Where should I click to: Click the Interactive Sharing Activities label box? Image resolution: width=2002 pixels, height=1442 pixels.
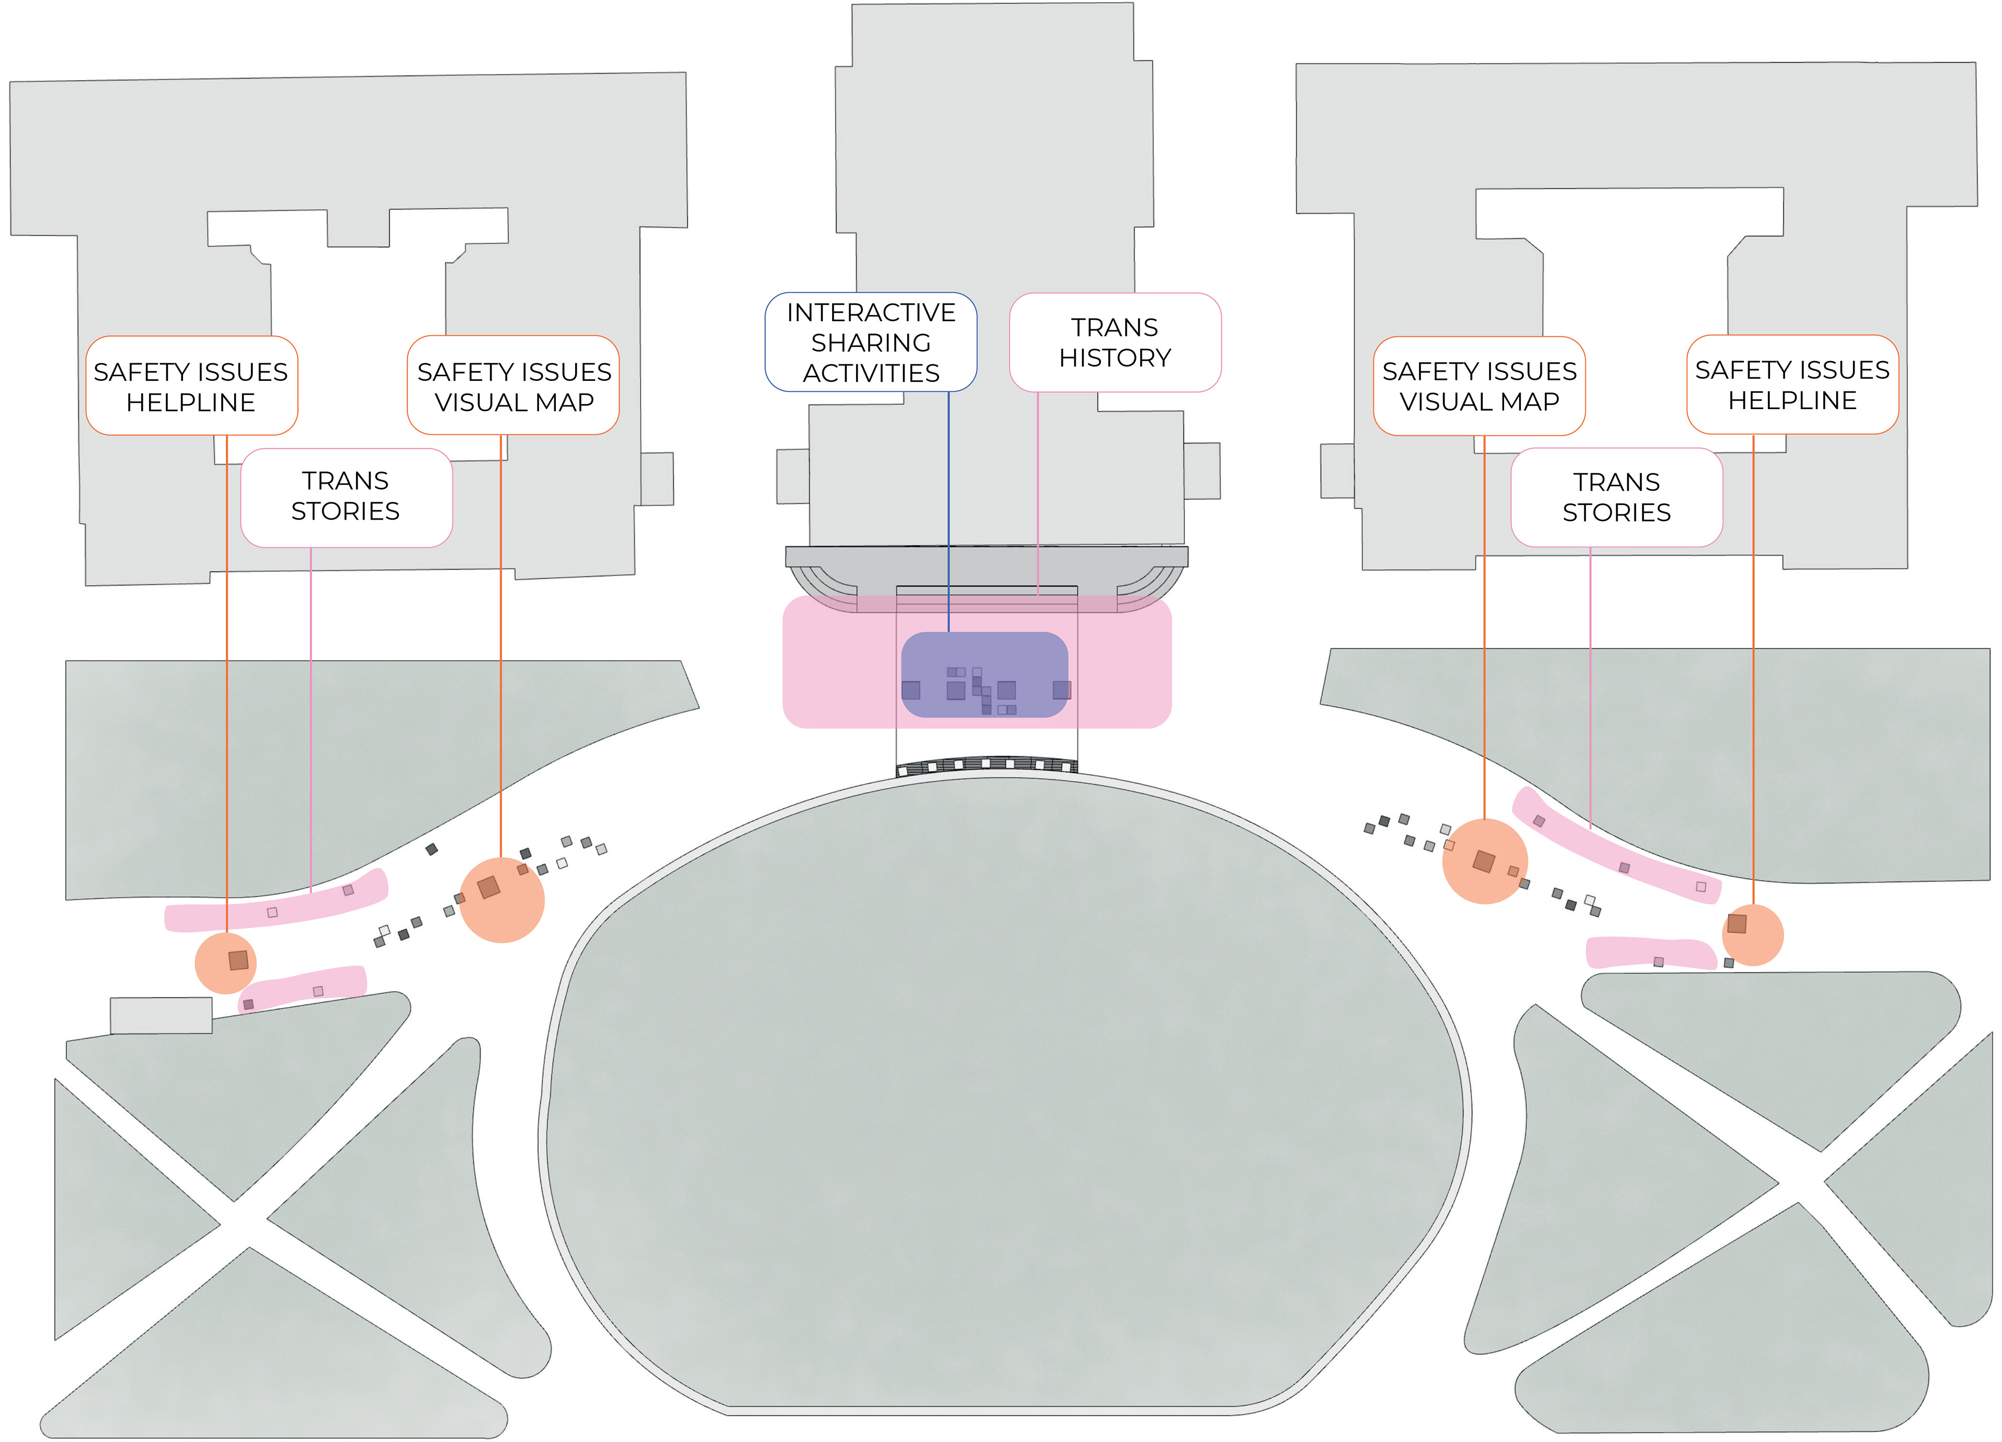870,342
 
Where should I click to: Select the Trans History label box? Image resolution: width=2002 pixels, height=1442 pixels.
1115,342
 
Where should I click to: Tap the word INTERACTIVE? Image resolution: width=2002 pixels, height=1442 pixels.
870,312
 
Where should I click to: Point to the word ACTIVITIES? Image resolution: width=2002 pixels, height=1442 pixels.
870,373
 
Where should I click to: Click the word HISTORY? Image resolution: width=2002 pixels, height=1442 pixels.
1115,358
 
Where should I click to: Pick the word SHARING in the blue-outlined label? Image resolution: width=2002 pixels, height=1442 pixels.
870,342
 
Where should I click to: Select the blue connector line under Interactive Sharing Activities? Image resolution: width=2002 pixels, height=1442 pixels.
949,512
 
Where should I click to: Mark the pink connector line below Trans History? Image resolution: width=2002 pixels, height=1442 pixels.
1038,494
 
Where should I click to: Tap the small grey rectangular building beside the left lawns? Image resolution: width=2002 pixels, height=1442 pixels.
161,1015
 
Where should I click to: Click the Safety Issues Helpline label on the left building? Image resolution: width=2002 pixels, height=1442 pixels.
191,386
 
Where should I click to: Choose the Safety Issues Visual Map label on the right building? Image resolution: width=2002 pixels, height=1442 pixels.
1480,386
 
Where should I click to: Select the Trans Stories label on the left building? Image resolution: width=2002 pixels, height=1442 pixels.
346,497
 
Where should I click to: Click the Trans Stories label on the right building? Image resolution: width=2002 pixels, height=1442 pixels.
1616,497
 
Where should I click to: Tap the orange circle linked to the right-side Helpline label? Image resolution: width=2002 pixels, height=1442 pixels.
1753,935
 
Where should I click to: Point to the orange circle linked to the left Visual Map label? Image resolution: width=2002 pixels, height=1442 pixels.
502,900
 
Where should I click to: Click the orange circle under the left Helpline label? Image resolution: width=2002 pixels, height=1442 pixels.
225,963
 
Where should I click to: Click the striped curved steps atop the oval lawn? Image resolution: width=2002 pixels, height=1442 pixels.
987,764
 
